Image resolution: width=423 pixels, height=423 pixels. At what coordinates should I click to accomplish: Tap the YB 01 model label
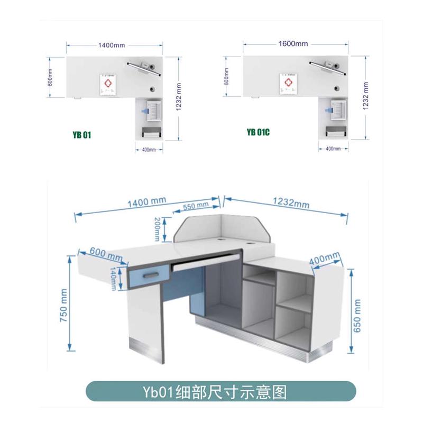(x=82, y=135)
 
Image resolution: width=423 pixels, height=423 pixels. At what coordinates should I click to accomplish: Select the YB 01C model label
(x=258, y=132)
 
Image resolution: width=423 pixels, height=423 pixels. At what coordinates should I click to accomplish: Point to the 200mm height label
(x=156, y=228)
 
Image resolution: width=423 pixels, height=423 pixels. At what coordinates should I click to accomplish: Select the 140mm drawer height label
(x=113, y=279)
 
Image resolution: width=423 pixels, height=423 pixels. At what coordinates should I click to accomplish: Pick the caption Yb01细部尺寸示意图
(x=221, y=392)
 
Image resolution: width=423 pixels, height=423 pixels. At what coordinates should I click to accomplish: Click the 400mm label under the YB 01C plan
(x=333, y=149)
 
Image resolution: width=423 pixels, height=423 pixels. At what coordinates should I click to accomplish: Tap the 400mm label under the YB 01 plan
(x=149, y=150)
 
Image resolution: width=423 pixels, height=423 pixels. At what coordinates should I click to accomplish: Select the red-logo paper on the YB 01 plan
(x=108, y=86)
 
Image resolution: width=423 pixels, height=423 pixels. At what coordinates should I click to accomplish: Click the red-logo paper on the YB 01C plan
(x=287, y=85)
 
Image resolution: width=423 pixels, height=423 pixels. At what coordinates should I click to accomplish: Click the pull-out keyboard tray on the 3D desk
(x=206, y=261)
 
